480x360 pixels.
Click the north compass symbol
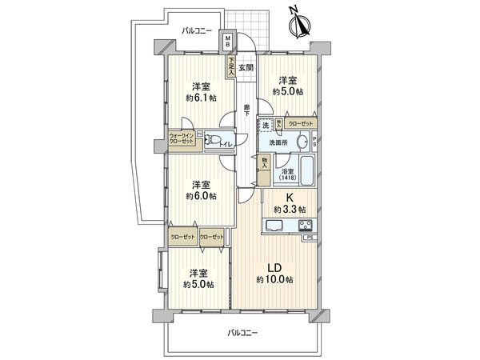[299, 24]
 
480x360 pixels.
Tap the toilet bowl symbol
[213, 142]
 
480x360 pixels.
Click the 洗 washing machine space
[264, 125]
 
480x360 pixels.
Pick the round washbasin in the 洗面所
[302, 143]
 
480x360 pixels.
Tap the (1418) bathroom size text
[285, 178]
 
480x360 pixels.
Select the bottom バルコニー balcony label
[241, 332]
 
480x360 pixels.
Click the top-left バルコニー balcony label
[196, 30]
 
